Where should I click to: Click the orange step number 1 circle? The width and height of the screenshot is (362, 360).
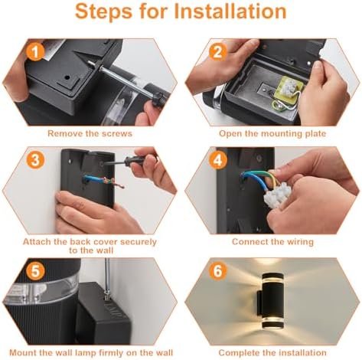(x=35, y=52)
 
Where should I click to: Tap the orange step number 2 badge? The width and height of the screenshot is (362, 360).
(x=218, y=52)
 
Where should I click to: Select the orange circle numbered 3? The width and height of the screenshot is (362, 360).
(x=35, y=160)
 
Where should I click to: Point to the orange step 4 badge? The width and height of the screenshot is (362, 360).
(x=218, y=160)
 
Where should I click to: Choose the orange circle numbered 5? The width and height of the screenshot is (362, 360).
(x=35, y=271)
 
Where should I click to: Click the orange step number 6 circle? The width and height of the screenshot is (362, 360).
(x=218, y=271)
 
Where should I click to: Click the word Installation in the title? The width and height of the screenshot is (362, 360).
(x=230, y=11)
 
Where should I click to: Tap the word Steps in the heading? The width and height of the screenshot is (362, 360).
(x=103, y=12)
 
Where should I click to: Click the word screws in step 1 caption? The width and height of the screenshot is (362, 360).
(x=117, y=133)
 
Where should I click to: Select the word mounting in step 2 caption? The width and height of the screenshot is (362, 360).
(x=279, y=134)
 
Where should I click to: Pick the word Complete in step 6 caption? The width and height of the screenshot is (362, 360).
(x=239, y=353)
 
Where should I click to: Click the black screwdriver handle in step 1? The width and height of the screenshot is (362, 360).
(x=158, y=97)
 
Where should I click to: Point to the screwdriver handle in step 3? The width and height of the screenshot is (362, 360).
(x=140, y=160)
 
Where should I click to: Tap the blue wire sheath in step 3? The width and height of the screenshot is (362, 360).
(x=93, y=178)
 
